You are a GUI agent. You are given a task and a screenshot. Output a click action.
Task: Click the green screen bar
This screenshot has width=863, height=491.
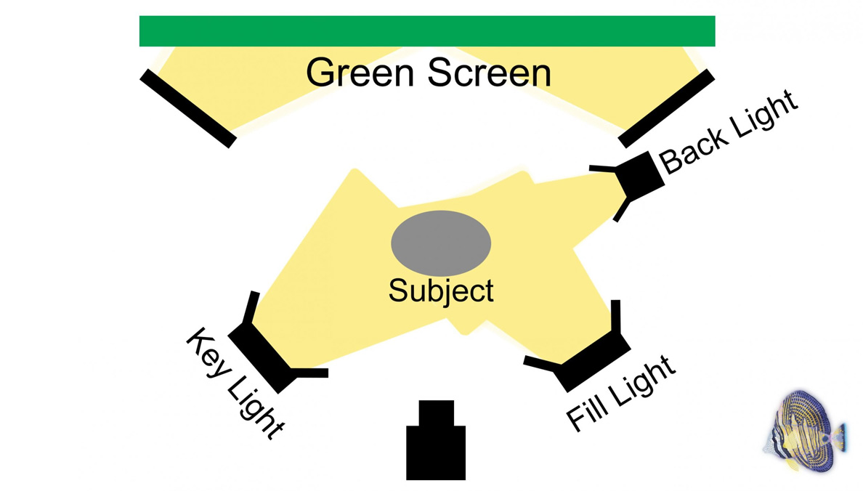427,31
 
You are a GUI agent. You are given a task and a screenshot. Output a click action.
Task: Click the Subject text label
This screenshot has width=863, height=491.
441,291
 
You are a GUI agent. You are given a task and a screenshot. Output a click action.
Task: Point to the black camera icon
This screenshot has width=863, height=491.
435,449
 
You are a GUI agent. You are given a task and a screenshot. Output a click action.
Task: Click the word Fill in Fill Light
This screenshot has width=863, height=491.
586,411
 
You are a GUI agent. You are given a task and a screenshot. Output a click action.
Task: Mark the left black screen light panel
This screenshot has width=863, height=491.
188,108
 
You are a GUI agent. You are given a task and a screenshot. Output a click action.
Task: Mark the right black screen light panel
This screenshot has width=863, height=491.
666,108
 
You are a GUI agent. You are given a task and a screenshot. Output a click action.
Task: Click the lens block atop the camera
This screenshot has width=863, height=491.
436,413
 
